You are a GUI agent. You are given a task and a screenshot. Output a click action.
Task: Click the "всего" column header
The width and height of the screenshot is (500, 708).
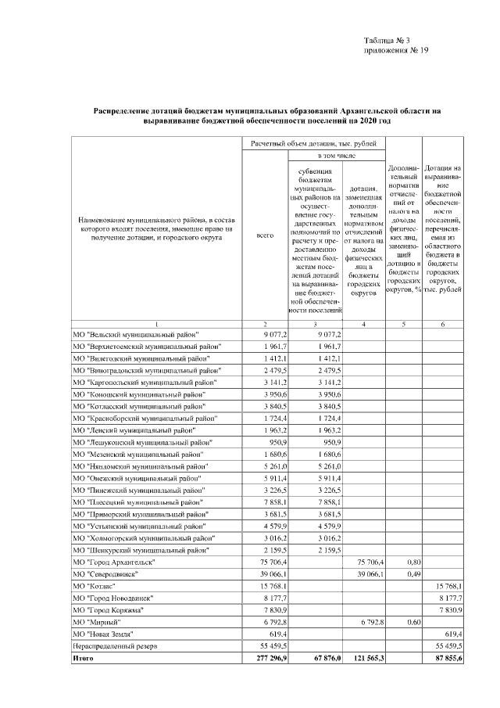pos(266,235)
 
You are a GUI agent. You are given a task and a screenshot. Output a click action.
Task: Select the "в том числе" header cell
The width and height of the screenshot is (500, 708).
pos(316,156)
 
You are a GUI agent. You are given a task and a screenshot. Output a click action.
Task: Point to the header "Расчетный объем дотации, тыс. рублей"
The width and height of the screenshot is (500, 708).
pos(316,144)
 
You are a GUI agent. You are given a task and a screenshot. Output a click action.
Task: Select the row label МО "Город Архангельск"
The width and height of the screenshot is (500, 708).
pos(114,562)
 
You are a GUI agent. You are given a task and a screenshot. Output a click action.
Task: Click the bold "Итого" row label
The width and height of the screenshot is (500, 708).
pos(83,659)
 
